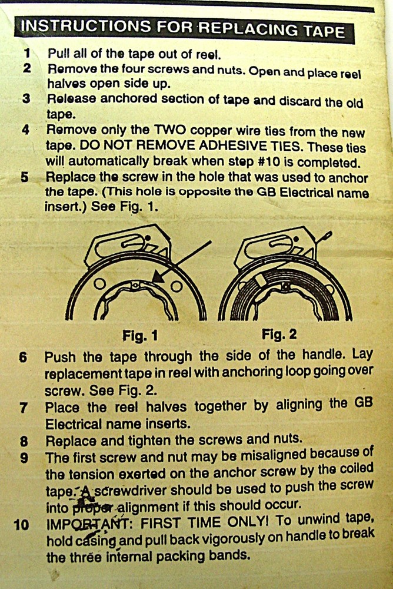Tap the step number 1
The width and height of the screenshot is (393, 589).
tap(26, 54)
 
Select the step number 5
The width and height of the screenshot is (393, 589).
tap(25, 178)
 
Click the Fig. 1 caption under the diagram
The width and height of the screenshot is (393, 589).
tap(140, 336)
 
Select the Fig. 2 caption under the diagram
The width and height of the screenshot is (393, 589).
tap(279, 335)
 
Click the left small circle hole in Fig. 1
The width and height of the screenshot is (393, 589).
tap(99, 284)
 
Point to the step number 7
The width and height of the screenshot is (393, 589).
tap(23, 407)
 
